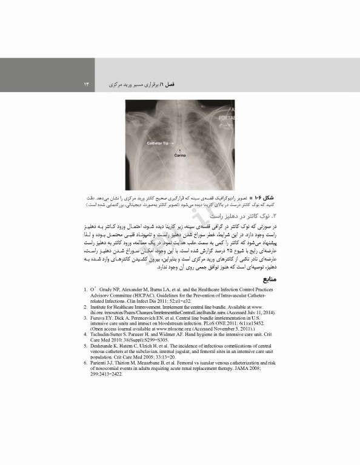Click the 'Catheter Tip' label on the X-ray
pyautogui.click(x=158, y=143)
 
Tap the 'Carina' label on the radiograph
pyautogui.click(x=181, y=156)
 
